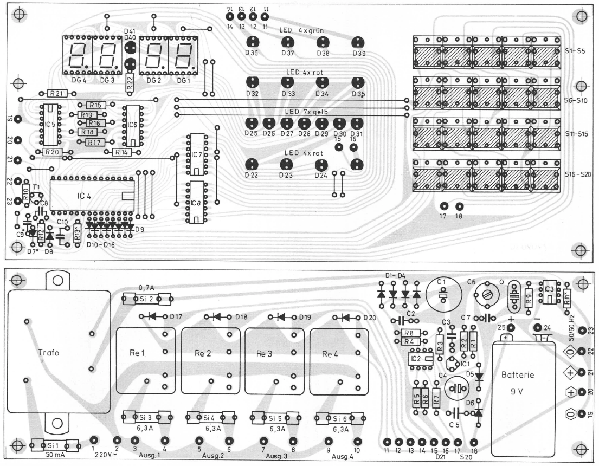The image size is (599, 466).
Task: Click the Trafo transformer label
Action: click(x=48, y=352)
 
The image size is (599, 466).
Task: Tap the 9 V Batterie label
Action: click(x=517, y=383)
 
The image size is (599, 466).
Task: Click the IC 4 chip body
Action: click(x=92, y=196)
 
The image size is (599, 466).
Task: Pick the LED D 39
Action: click(x=358, y=42)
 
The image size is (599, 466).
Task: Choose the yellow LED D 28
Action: click(x=304, y=123)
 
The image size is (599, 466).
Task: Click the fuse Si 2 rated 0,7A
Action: click(x=147, y=299)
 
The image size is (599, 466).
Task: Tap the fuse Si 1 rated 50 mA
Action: click(x=55, y=445)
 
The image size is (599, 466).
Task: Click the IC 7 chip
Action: click(x=197, y=154)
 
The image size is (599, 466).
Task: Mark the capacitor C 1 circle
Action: click(x=443, y=295)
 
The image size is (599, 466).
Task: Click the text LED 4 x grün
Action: click(x=301, y=30)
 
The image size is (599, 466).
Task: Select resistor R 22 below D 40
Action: click(x=130, y=82)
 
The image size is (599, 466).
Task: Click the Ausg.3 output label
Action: click(x=276, y=456)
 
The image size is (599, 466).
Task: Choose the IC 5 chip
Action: click(x=50, y=125)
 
